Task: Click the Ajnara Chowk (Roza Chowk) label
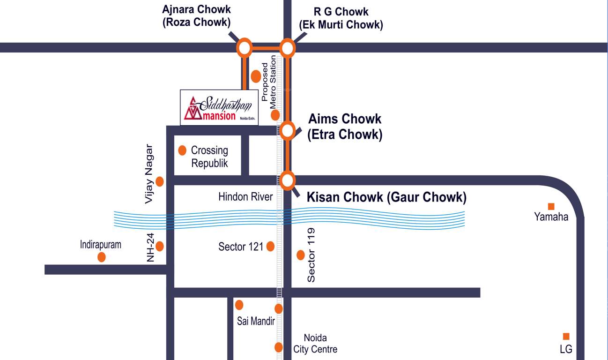[196, 16]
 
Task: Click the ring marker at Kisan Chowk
[287, 180]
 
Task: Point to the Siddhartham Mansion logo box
[219, 107]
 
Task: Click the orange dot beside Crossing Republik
[182, 150]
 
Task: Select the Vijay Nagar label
[149, 173]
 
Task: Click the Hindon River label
[245, 197]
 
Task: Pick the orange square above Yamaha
[551, 206]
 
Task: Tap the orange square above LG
[566, 336]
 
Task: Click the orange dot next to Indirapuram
[101, 257]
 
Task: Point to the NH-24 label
[150, 247]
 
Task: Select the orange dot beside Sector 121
[270, 246]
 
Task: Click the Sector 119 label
[311, 255]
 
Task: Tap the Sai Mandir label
[255, 321]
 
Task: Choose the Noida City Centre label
[315, 344]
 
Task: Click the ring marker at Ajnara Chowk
[244, 48]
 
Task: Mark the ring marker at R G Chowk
[287, 48]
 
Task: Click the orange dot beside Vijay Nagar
[160, 181]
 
